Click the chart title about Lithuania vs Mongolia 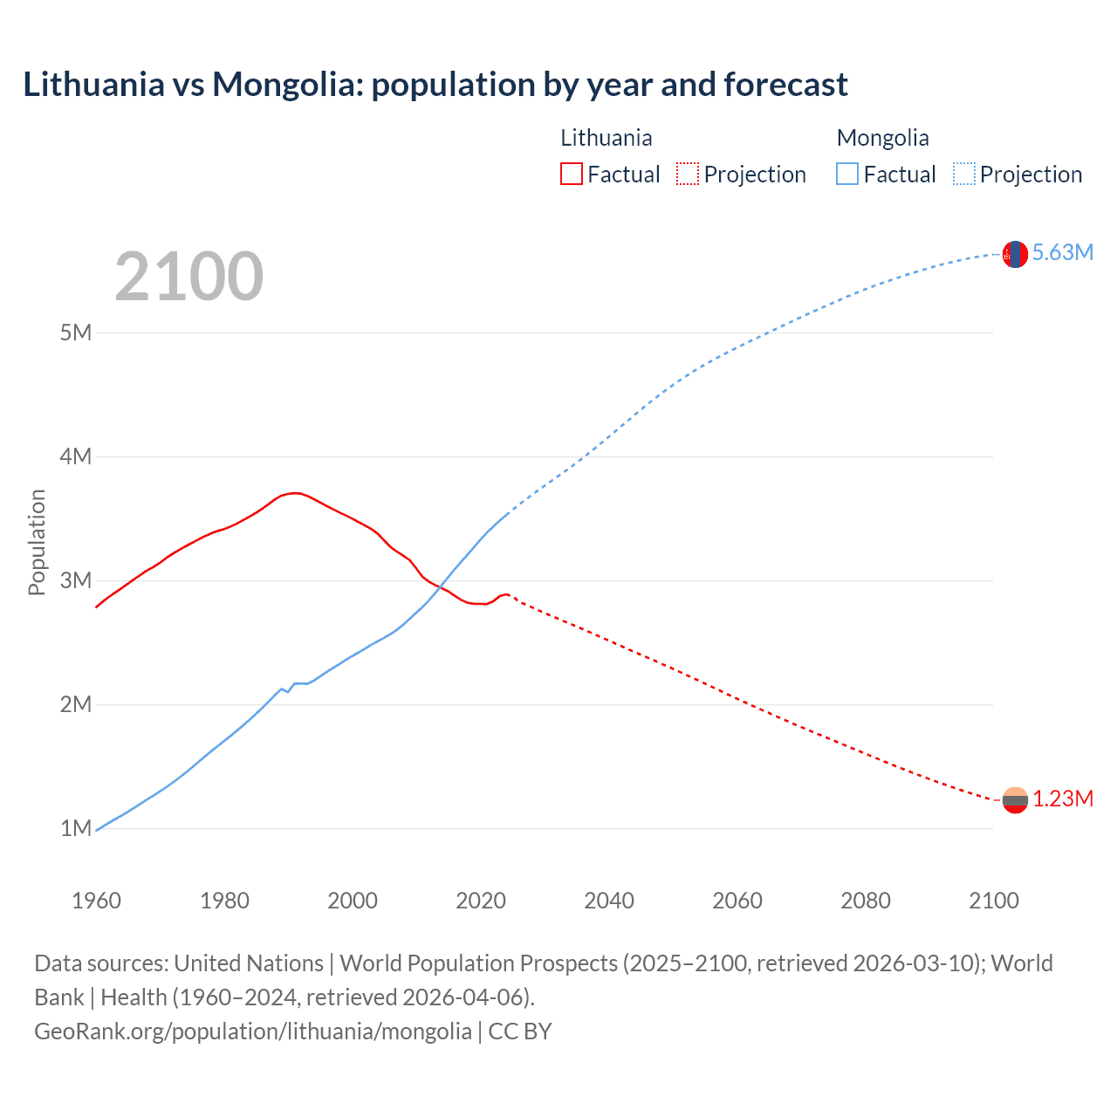(x=435, y=85)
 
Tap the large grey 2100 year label (x=188, y=277)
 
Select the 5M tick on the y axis (x=76, y=332)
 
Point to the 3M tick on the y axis (x=76, y=580)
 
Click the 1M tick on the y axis (x=76, y=828)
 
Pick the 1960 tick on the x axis (x=96, y=901)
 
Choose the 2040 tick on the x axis (x=609, y=901)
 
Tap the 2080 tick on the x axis (x=866, y=901)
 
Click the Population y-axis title (x=37, y=542)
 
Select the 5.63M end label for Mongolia (x=1062, y=253)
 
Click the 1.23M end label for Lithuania (x=1063, y=799)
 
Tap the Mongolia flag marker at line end (x=1015, y=254)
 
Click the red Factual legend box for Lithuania (x=571, y=175)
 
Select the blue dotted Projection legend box (x=963, y=175)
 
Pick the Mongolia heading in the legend (x=882, y=138)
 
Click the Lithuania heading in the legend (x=606, y=138)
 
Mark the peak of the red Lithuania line (x=295, y=493)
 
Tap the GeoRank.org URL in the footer (x=253, y=1031)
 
